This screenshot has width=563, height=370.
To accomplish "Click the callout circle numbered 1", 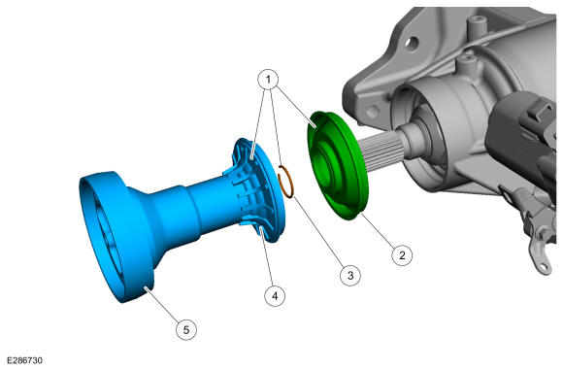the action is [268, 79].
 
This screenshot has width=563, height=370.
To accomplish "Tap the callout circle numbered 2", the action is [402, 255].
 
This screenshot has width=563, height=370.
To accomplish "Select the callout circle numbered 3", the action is [350, 276].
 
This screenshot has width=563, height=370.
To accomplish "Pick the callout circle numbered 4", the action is [275, 296].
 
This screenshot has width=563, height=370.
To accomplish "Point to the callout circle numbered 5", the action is [186, 329].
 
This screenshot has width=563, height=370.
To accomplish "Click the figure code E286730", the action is [25, 360].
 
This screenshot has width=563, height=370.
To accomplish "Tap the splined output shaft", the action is [381, 151].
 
